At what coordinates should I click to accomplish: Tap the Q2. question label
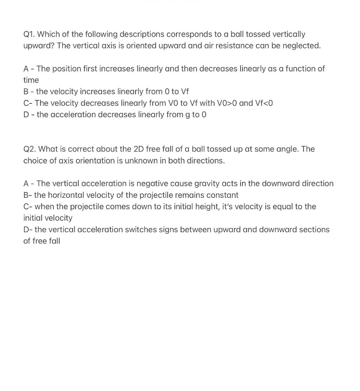pyautogui.click(x=29, y=149)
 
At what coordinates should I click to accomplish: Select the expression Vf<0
pyautogui.click(x=264, y=103)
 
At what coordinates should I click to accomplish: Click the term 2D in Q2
pyautogui.click(x=138, y=149)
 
